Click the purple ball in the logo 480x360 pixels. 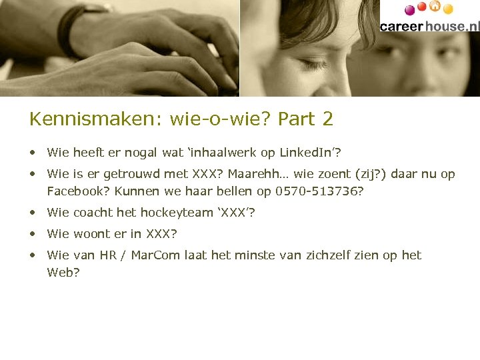(409, 10)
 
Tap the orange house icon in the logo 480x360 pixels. (435, 7)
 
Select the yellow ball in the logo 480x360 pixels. (448, 9)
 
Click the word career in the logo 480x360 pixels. (402, 25)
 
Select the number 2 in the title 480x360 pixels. (327, 119)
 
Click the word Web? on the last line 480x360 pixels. (63, 272)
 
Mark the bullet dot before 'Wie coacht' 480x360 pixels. (33, 213)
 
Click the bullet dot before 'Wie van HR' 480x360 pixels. (33, 256)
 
